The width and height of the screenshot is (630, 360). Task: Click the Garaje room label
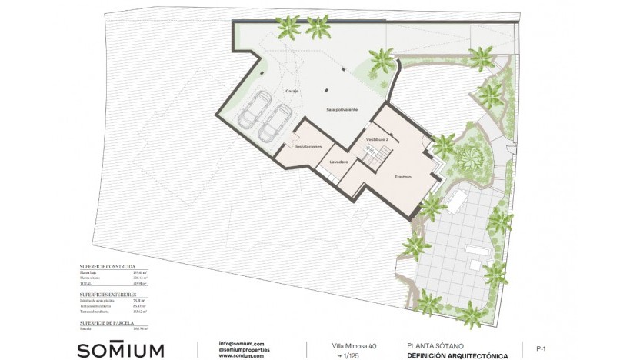pyautogui.click(x=292, y=92)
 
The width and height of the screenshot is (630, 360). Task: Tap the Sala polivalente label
pyautogui.click(x=342, y=110)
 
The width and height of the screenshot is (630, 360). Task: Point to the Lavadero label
pyautogui.click(x=338, y=162)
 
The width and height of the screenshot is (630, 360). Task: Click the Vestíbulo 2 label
pyautogui.click(x=377, y=139)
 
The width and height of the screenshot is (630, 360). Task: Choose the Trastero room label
pyautogui.click(x=402, y=177)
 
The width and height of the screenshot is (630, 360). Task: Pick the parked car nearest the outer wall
pyautogui.click(x=254, y=110)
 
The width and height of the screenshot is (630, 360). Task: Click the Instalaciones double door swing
pyautogui.click(x=287, y=145)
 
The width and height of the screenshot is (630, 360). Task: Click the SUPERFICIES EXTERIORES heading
pyautogui.click(x=108, y=295)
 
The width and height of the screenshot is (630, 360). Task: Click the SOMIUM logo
pyautogui.click(x=120, y=350)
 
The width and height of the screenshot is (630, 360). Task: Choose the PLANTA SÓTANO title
pyautogui.click(x=437, y=346)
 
